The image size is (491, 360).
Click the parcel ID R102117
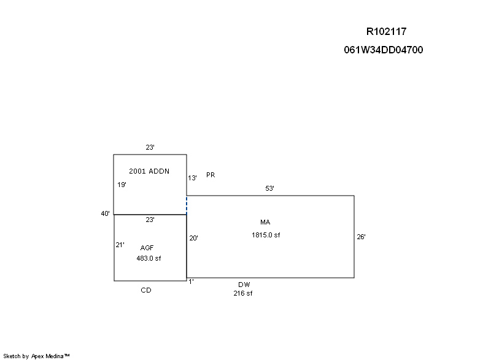(x=386, y=31)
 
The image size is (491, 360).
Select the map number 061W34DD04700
(x=383, y=50)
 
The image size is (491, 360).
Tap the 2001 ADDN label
(x=149, y=171)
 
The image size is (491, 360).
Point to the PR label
(x=211, y=175)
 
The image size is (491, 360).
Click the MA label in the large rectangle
(x=265, y=222)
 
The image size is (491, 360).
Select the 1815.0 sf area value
(x=266, y=235)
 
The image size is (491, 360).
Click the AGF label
(x=147, y=248)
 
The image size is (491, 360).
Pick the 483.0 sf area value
(x=149, y=258)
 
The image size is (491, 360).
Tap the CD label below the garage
(x=146, y=290)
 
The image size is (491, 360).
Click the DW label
(x=244, y=285)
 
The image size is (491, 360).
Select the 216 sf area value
(x=242, y=293)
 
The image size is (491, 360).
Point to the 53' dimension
(x=269, y=188)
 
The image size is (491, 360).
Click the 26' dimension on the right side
(x=361, y=237)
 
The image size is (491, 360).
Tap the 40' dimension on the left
(x=105, y=213)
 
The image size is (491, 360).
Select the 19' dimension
(x=122, y=185)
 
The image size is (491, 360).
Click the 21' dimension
(x=120, y=245)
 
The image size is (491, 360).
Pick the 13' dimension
(x=192, y=178)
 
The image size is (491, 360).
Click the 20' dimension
(x=193, y=238)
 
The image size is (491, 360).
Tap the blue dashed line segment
(x=187, y=205)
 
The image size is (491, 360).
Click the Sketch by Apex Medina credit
(x=36, y=356)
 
